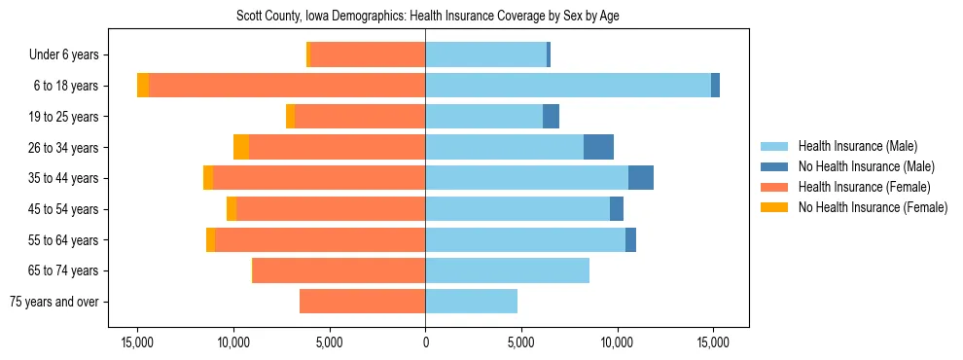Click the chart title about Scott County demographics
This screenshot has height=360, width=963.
pos(428,16)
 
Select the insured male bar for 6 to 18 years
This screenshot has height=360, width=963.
pos(568,86)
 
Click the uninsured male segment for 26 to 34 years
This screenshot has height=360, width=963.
pos(598,147)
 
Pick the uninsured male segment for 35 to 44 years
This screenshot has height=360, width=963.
pos(641,178)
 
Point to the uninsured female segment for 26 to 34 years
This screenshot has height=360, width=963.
pos(241,147)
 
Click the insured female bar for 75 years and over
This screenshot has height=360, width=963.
pos(362,302)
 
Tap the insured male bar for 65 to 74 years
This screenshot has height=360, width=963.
pos(507,270)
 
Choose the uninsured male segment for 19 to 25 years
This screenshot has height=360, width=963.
pos(551,117)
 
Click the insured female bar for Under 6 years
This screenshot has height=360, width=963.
pos(368,55)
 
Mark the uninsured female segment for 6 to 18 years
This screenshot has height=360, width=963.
pos(143,86)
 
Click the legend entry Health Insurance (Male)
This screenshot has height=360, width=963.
pos(857,146)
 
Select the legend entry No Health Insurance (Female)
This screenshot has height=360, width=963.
pos(873,207)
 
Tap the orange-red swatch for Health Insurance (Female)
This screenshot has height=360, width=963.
pos(774,187)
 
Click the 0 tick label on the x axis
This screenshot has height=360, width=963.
pos(425,342)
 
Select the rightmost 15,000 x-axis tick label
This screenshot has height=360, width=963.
pos(713,342)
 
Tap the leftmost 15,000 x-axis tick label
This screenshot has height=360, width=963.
pos(137,342)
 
